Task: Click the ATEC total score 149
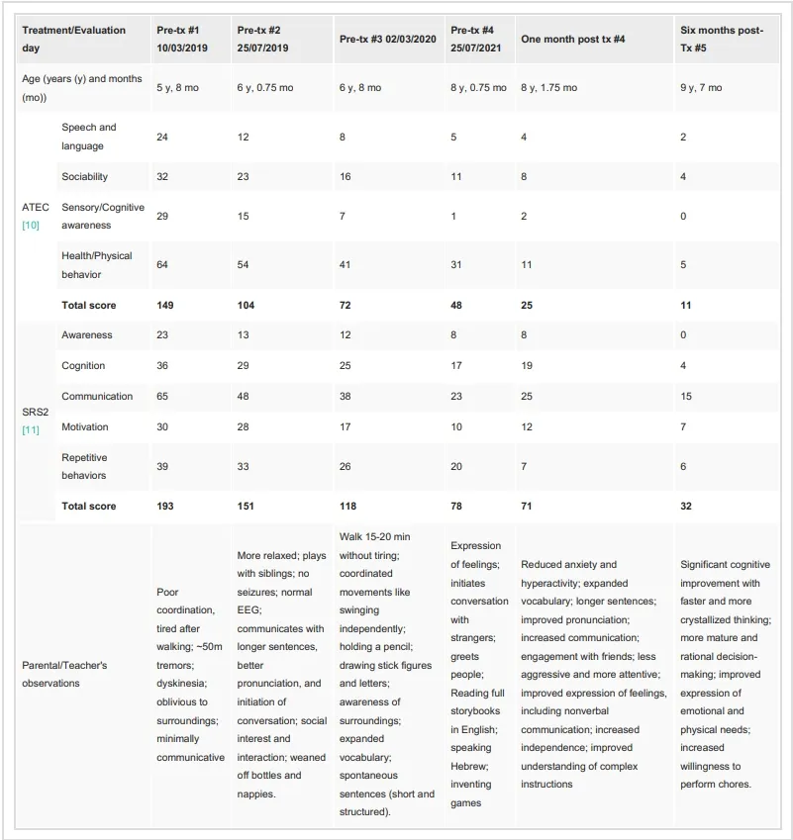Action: pyautogui.click(x=166, y=305)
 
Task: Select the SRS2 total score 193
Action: pyautogui.click(x=166, y=506)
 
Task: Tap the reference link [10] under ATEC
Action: pyautogui.click(x=32, y=226)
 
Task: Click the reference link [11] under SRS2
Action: pyautogui.click(x=32, y=429)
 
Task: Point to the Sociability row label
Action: pyautogui.click(x=84, y=176)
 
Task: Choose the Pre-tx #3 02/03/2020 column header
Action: pyautogui.click(x=387, y=40)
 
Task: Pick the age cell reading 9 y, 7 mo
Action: pyautogui.click(x=701, y=88)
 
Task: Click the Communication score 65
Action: pyautogui.click(x=162, y=396)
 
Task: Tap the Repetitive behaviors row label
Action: pyautogui.click(x=84, y=466)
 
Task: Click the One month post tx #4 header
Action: pyautogui.click(x=573, y=40)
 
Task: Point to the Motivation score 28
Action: pyautogui.click(x=244, y=426)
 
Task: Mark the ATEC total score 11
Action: pyautogui.click(x=685, y=305)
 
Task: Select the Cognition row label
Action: pyautogui.click(x=83, y=365)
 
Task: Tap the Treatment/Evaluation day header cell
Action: pyautogui.click(x=74, y=39)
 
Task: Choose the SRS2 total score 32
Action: pyautogui.click(x=686, y=506)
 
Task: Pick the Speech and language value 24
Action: pyautogui.click(x=162, y=137)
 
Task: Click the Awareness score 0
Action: pyautogui.click(x=683, y=334)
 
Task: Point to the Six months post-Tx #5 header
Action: pyautogui.click(x=722, y=39)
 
